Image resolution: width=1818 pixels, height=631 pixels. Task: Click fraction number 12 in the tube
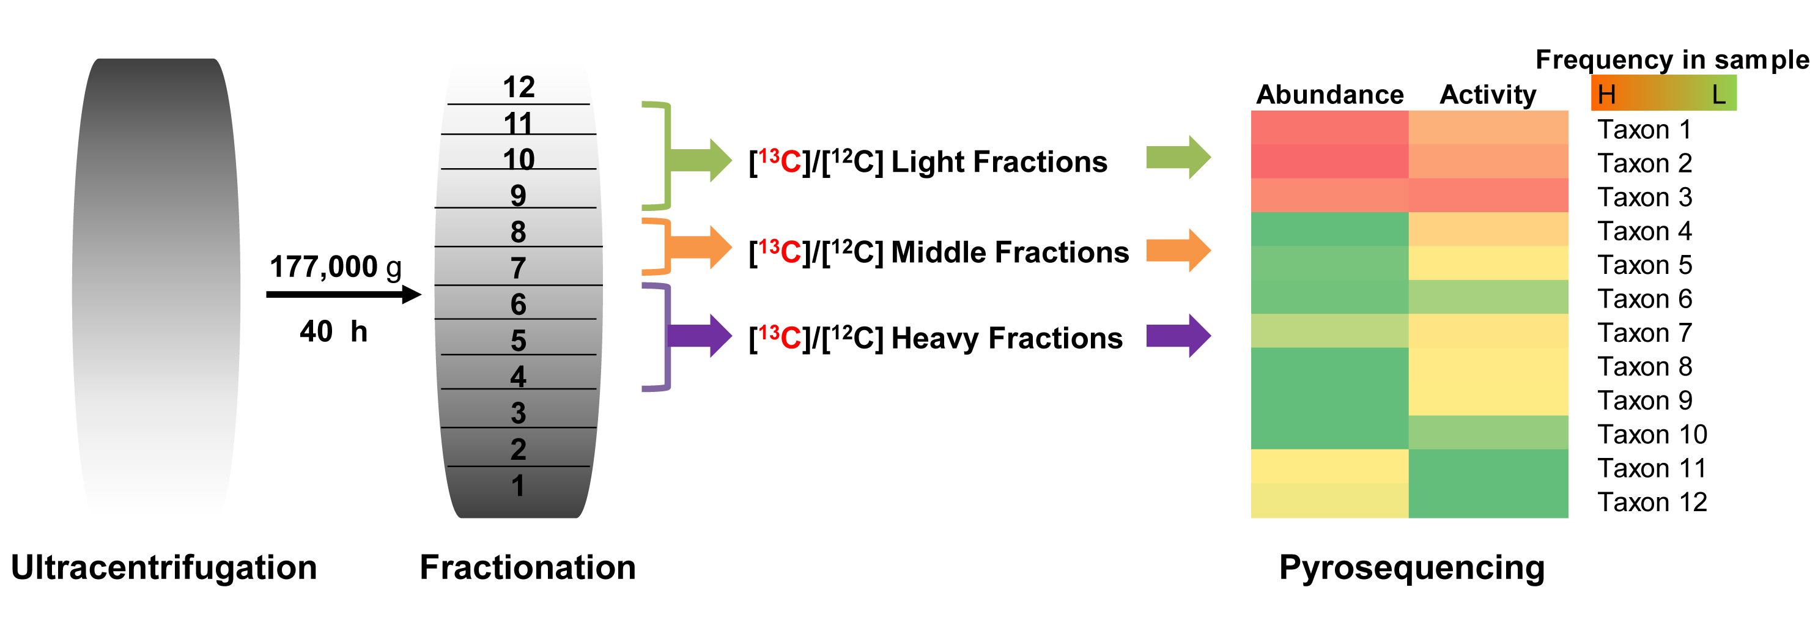[519, 87]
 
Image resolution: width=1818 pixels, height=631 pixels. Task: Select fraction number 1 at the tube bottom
[518, 485]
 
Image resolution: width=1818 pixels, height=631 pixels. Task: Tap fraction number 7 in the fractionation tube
[518, 268]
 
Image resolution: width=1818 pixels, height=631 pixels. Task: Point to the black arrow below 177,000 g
[343, 294]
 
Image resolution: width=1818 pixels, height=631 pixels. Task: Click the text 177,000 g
[335, 267]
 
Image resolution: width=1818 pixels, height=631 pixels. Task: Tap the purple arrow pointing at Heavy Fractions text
[701, 335]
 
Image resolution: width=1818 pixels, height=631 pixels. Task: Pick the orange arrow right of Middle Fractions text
[1178, 251]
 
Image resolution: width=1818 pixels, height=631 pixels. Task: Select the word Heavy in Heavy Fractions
[934, 339]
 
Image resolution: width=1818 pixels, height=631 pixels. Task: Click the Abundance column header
[1329, 95]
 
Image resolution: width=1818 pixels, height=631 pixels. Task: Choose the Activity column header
[1488, 95]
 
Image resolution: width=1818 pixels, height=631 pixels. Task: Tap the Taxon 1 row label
[1644, 130]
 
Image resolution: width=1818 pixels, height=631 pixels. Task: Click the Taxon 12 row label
[1652, 503]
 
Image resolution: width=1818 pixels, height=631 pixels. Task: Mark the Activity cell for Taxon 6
[1488, 297]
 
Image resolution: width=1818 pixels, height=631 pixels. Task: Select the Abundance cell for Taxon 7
[1329, 331]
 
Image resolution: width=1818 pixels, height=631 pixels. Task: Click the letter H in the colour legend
[1607, 95]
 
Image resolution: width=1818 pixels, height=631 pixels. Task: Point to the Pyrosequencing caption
[1411, 567]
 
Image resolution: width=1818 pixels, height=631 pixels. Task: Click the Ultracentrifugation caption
[164, 567]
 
